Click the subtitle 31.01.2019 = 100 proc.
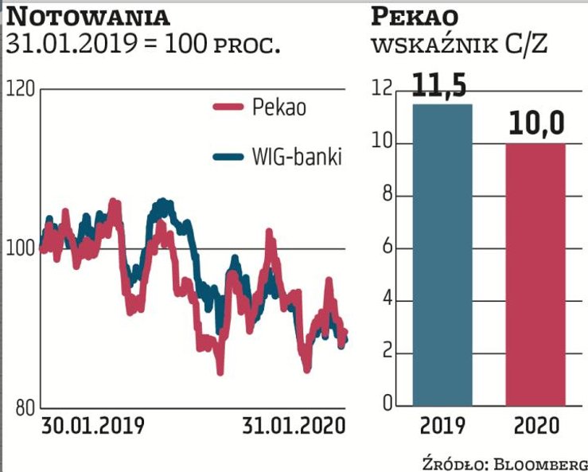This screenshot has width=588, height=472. pos(143,44)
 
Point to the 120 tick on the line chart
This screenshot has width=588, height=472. pos(21,88)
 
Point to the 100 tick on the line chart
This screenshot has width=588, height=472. pos(21,248)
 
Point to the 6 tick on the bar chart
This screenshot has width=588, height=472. pos(388,248)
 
